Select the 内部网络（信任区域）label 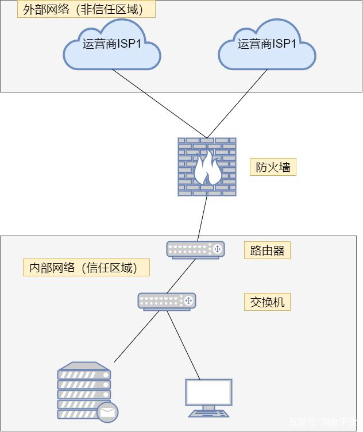click(x=86, y=268)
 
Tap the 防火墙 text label click(x=273, y=167)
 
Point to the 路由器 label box click(x=267, y=250)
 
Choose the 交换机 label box click(x=267, y=302)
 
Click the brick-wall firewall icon click(x=207, y=167)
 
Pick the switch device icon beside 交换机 click(x=167, y=301)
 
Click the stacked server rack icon click(x=84, y=391)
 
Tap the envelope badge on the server click(x=107, y=411)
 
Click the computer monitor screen click(x=208, y=392)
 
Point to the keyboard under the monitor click(x=208, y=413)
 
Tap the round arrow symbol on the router click(x=217, y=249)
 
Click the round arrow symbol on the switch click(x=188, y=300)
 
